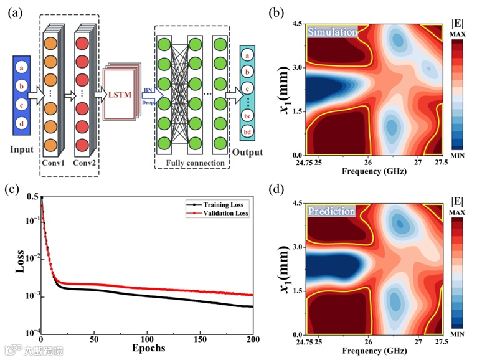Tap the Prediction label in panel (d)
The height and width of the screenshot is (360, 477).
[x=333, y=211]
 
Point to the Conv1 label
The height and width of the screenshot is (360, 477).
[x=54, y=164]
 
